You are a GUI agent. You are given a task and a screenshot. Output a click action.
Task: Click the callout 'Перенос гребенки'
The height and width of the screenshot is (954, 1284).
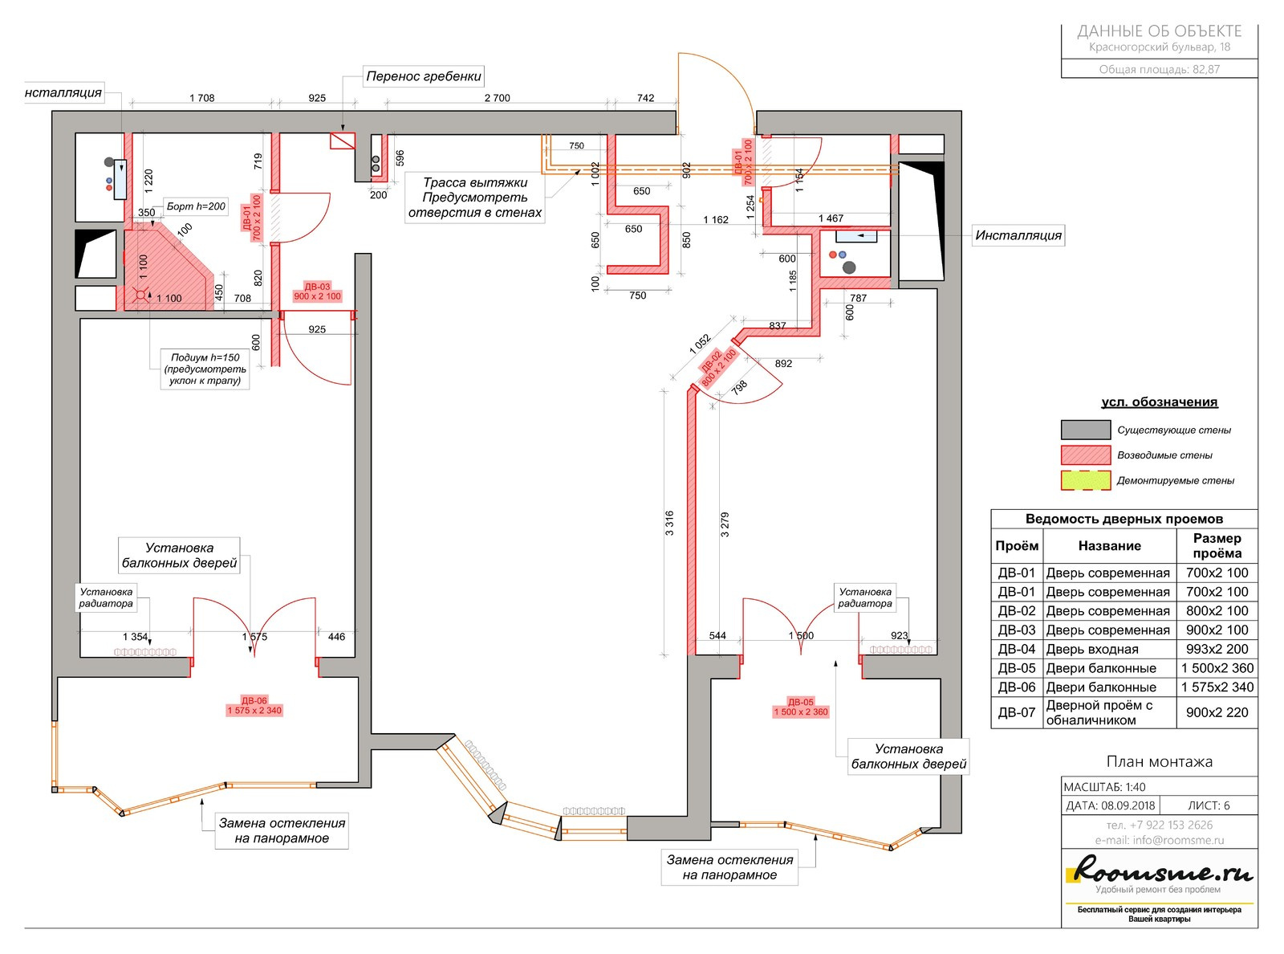click(x=423, y=75)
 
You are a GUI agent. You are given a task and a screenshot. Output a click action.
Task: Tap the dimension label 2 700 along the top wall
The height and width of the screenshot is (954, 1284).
click(x=498, y=98)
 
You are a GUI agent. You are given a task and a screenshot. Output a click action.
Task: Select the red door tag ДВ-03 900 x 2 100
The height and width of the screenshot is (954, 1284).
click(x=317, y=291)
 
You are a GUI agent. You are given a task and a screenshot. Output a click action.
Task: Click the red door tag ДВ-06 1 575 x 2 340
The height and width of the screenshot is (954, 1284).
click(x=254, y=706)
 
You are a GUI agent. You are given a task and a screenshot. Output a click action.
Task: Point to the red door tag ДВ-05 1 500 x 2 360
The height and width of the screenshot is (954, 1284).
click(x=801, y=707)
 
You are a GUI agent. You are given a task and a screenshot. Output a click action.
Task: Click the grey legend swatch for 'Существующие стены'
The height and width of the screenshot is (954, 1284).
click(x=1086, y=430)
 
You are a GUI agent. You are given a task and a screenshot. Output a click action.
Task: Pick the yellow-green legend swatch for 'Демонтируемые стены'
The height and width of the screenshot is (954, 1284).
click(x=1086, y=480)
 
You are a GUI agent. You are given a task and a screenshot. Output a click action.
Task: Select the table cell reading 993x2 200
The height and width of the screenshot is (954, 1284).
click(x=1217, y=649)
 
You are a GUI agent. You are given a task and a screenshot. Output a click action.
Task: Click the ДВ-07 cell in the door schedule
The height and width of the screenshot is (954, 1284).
click(x=1017, y=712)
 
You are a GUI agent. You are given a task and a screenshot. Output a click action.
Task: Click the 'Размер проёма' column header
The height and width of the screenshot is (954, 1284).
click(x=1217, y=545)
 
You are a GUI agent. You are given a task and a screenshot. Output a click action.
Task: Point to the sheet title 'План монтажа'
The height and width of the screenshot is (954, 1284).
click(x=1159, y=762)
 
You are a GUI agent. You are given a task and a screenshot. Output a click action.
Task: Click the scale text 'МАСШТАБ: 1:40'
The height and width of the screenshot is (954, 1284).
click(x=1104, y=787)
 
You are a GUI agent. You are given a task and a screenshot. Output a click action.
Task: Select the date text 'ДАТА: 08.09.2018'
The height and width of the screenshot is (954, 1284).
click(x=1111, y=805)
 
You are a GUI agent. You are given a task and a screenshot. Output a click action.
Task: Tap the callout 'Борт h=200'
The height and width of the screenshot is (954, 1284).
click(x=196, y=206)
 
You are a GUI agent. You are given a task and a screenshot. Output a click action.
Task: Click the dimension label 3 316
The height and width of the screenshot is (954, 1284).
click(x=669, y=523)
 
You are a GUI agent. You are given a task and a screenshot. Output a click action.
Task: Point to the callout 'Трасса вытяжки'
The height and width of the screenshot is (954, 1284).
click(x=475, y=182)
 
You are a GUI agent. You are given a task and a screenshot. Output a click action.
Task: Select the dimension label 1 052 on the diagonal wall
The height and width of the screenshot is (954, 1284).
click(x=699, y=344)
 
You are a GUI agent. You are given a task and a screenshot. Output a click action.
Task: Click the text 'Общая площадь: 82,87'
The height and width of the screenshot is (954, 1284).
click(x=1159, y=70)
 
